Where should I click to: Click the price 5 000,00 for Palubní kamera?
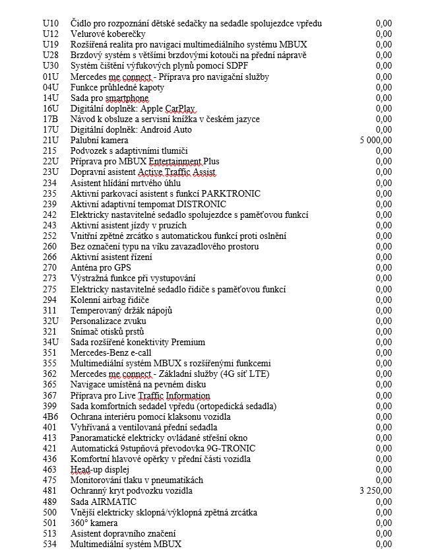coord(376,141)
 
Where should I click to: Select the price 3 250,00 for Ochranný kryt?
coord(376,491)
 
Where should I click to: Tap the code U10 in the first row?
coord(50,24)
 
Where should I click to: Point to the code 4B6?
coord(51,416)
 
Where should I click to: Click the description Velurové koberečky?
coord(108,34)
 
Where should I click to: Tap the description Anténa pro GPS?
coord(101,268)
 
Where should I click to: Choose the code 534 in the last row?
coord(49,544)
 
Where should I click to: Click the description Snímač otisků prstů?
coord(107,331)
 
